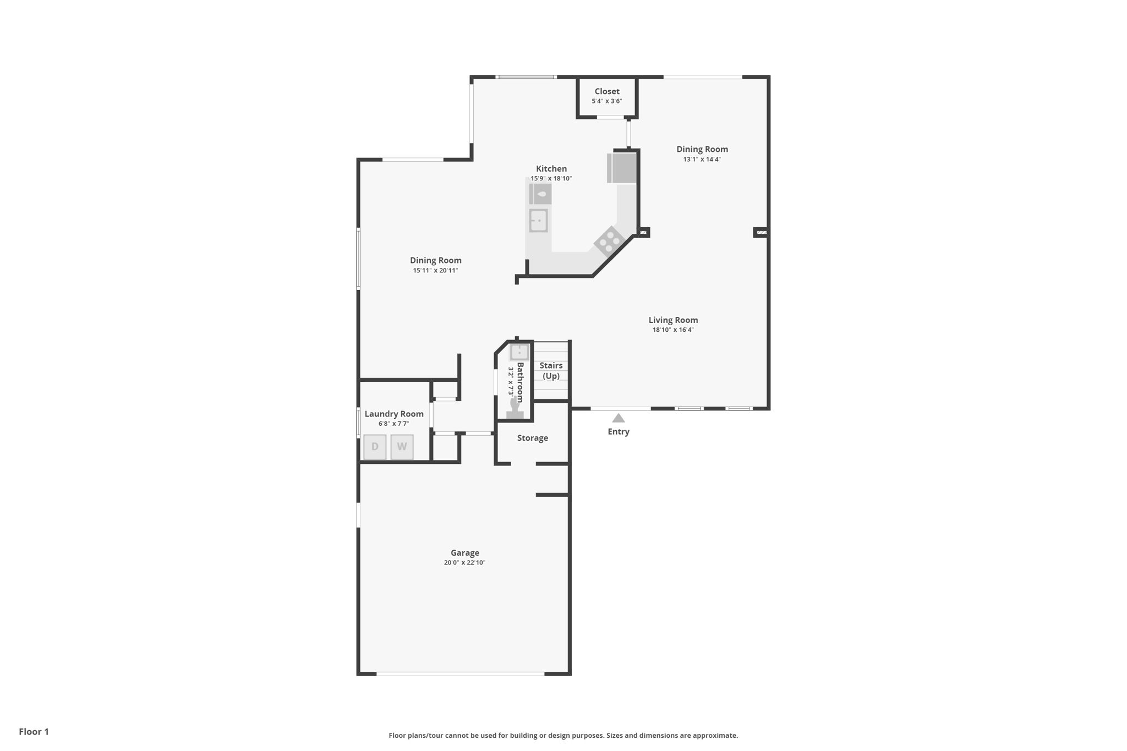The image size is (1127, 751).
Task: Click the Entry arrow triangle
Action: pyautogui.click(x=619, y=418)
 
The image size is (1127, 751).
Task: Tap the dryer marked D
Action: pyautogui.click(x=375, y=447)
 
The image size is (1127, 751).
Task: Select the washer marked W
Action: pyautogui.click(x=402, y=447)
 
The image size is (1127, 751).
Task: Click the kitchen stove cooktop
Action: pyautogui.click(x=609, y=242)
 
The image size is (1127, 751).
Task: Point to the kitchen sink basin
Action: pyautogui.click(x=538, y=221)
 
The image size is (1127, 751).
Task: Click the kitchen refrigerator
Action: pyautogui.click(x=622, y=168)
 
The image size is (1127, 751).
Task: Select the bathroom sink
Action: pyautogui.click(x=519, y=352)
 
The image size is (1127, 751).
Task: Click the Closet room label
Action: pyautogui.click(x=607, y=91)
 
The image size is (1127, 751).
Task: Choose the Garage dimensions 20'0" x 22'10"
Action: pyautogui.click(x=464, y=563)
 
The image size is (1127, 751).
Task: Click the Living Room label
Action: pyautogui.click(x=673, y=320)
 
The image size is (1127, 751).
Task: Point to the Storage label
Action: pyautogui.click(x=533, y=438)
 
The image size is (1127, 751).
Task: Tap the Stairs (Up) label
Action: pyautogui.click(x=551, y=371)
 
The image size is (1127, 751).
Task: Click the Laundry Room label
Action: pyautogui.click(x=394, y=414)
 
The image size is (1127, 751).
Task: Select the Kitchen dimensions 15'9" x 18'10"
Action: pyautogui.click(x=551, y=178)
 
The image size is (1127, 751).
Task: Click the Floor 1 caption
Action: pyautogui.click(x=34, y=732)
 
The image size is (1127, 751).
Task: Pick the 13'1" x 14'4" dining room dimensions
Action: pyautogui.click(x=702, y=160)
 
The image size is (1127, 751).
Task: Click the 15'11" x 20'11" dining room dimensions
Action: pyautogui.click(x=435, y=271)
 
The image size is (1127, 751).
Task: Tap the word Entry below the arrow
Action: pyautogui.click(x=619, y=432)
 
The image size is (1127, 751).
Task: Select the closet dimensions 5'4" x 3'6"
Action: pyautogui.click(x=607, y=101)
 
